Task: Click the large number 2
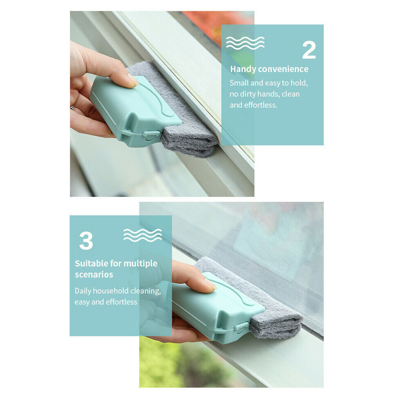pyautogui.click(x=309, y=50)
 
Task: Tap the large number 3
pyautogui.click(x=86, y=241)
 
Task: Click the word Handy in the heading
pyautogui.click(x=243, y=69)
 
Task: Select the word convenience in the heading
pyautogui.click(x=283, y=69)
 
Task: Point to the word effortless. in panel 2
pyautogui.click(x=260, y=105)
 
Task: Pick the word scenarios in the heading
pyautogui.click(x=94, y=274)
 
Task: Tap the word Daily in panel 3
pyautogui.click(x=83, y=291)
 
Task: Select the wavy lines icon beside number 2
pyautogui.click(x=245, y=43)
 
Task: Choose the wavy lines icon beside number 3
pyautogui.click(x=142, y=235)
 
